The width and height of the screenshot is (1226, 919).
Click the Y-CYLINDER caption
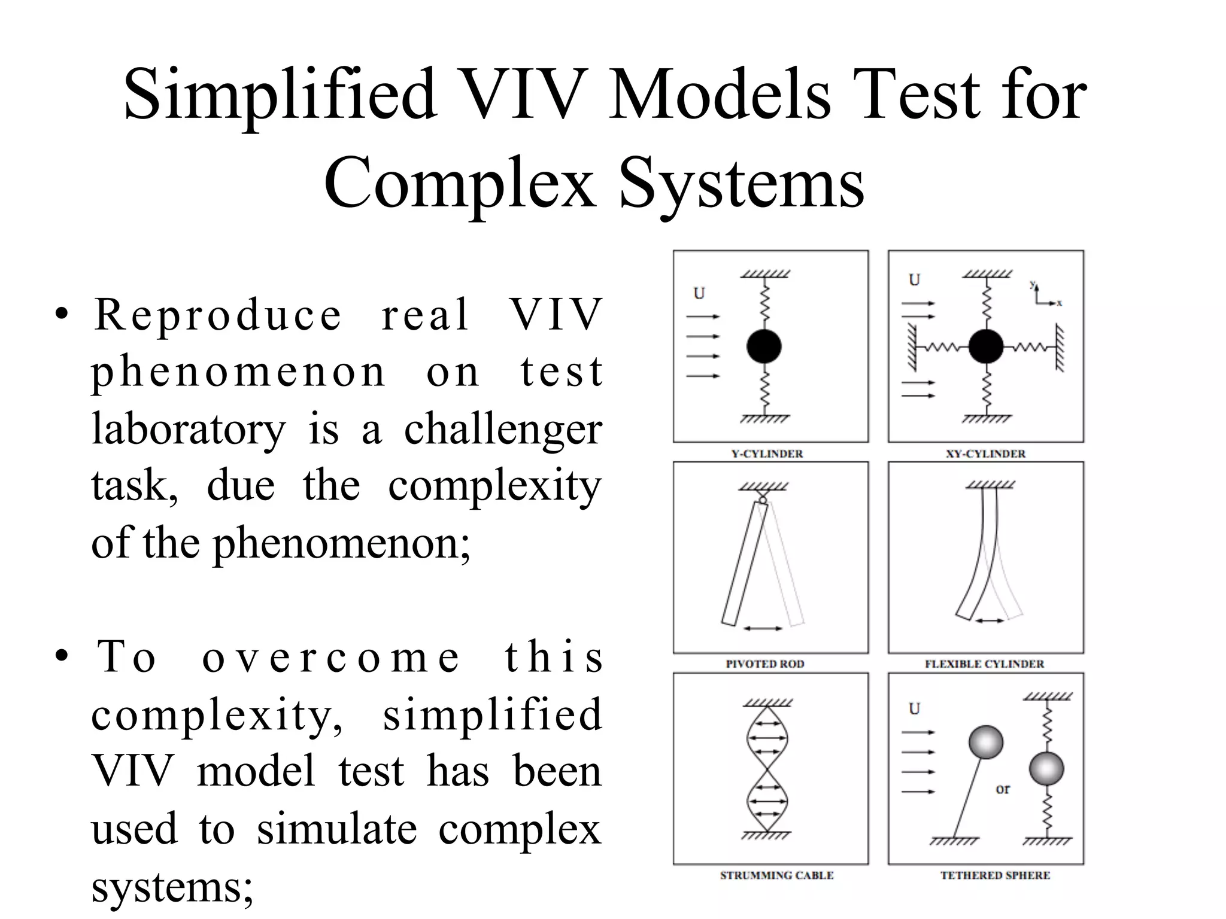point(767,454)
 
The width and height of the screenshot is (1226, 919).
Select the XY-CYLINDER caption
point(985,454)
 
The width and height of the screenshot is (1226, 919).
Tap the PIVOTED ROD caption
point(764,664)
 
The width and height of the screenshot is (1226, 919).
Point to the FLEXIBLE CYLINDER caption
point(984,664)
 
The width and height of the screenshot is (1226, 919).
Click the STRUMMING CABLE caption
point(776,875)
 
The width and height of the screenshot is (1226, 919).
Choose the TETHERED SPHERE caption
point(995,875)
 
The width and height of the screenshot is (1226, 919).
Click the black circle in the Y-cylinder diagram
point(764,346)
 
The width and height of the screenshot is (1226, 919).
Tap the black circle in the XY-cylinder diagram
point(985,346)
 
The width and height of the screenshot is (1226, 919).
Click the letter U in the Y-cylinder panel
point(699,293)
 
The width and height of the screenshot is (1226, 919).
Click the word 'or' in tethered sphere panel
point(1002,789)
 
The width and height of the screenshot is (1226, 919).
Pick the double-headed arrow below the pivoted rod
point(762,628)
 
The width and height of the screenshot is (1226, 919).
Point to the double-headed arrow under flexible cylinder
point(990,621)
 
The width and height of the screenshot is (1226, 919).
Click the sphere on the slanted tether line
point(985,742)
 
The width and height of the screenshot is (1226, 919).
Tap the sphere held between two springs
point(1046,768)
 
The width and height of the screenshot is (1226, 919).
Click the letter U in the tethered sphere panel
point(914,708)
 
